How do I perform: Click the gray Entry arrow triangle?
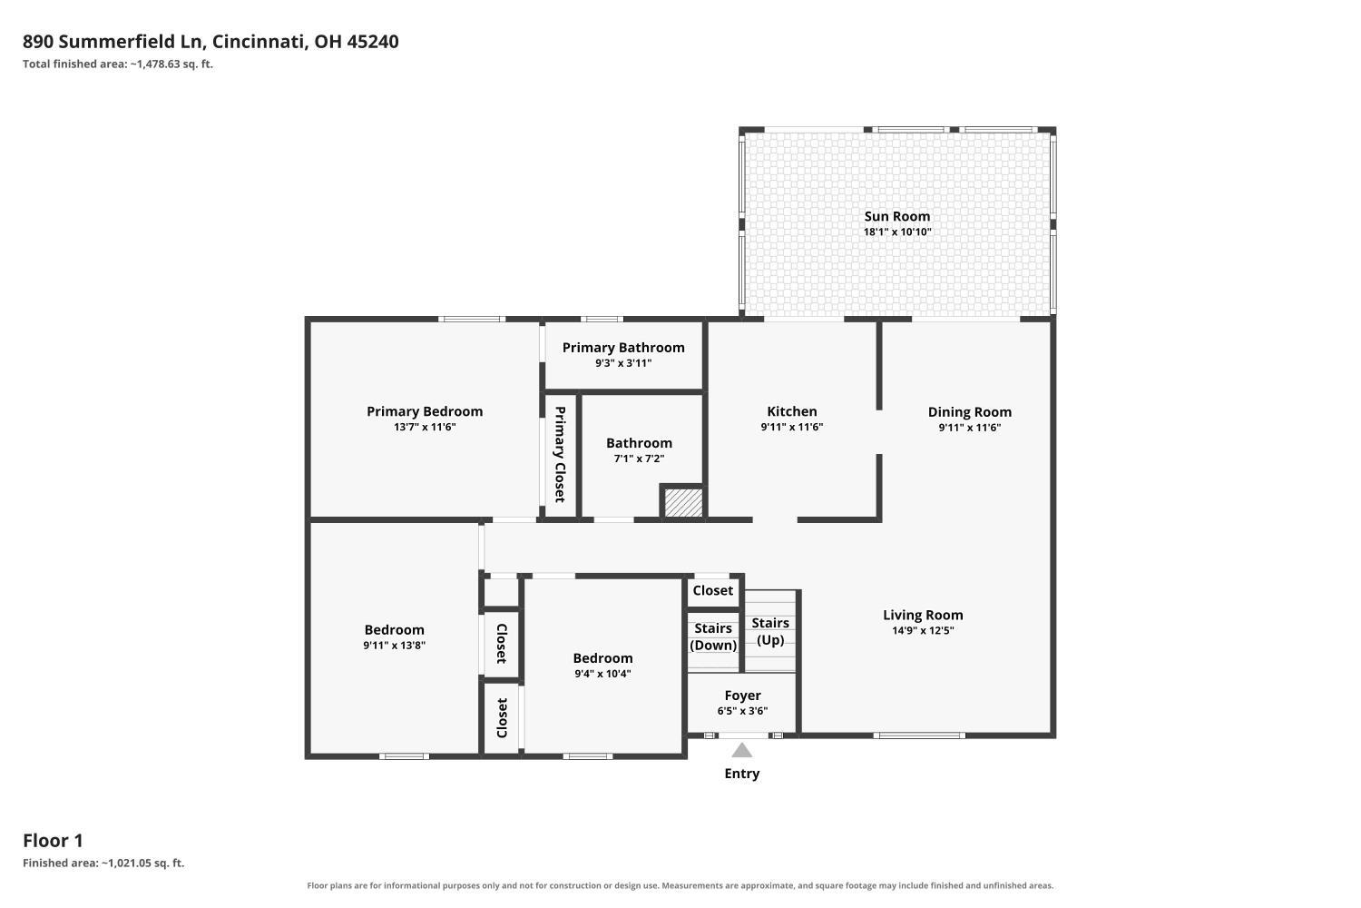coord(742,751)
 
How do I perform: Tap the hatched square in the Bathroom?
coord(683,503)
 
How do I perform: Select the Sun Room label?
coord(896,216)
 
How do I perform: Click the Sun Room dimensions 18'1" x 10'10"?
coord(897,232)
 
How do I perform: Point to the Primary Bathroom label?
coord(623,347)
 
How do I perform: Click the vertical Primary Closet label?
coord(560,454)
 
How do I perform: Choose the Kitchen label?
coord(792,411)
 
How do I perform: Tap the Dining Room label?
coord(970,411)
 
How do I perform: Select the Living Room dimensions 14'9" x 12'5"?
coord(923,631)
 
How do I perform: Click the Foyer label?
coord(742,696)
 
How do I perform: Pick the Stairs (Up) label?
coord(770,631)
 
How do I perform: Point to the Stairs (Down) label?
coord(713,637)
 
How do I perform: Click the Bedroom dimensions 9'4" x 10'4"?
coord(602,674)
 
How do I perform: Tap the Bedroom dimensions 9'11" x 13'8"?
coord(395,646)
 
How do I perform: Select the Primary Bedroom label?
coord(425,411)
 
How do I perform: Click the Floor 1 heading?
coord(53,841)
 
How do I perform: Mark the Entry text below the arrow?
coord(742,774)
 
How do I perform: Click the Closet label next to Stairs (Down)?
coord(712,590)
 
